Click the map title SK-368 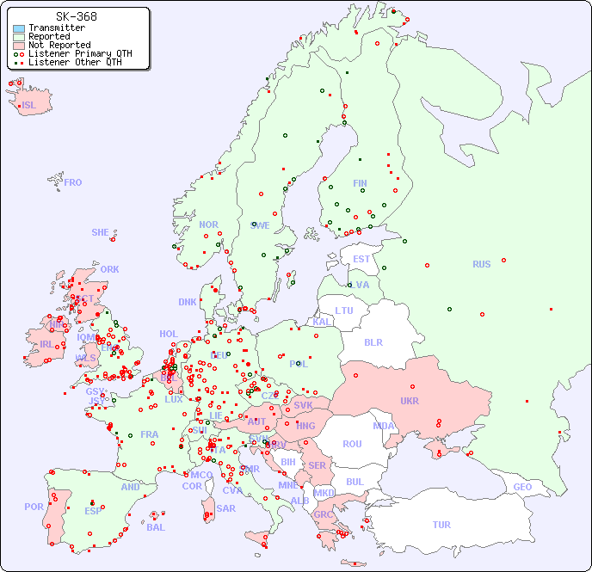(76, 16)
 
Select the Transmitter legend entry (56, 28)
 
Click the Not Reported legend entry (59, 45)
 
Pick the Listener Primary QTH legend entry (80, 53)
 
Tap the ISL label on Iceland (29, 106)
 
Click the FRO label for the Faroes (73, 182)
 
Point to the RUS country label (481, 264)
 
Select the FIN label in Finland (360, 183)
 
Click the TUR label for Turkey (441, 525)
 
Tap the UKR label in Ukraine (410, 401)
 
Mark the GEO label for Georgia (522, 487)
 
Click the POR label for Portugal (34, 507)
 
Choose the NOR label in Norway (208, 224)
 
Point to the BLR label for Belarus (373, 341)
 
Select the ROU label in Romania (352, 444)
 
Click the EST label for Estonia (361, 259)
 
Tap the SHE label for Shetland (101, 232)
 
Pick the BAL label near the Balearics (156, 527)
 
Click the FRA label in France (150, 434)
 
